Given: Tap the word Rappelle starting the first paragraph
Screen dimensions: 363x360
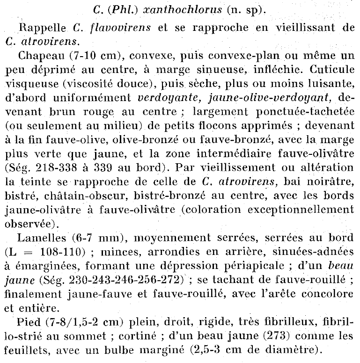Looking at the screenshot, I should (40, 27).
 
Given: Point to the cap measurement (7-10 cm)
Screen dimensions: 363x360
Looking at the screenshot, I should (90, 57).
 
